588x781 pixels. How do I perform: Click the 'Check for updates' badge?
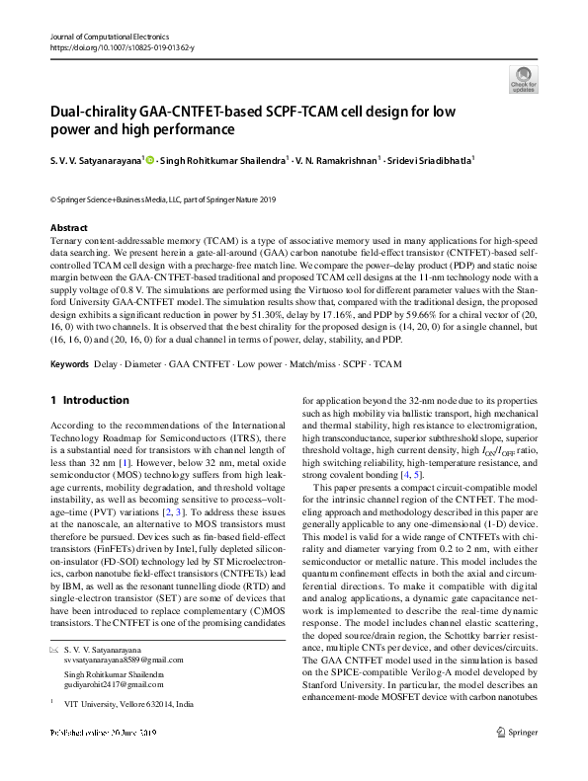(523, 80)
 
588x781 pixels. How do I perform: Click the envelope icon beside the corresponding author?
(56, 649)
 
